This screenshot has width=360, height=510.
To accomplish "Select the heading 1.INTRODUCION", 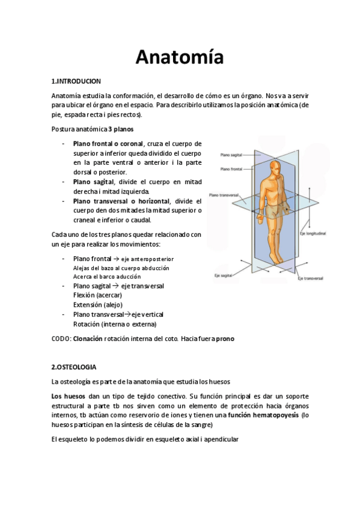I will click(x=76, y=81).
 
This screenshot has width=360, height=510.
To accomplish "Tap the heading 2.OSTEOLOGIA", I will click(x=75, y=366).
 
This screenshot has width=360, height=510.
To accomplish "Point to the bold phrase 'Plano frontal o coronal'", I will click(x=108, y=144).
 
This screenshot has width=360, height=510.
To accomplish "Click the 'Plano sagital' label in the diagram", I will click(x=231, y=155).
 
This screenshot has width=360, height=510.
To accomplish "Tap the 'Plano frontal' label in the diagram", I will click(x=231, y=169).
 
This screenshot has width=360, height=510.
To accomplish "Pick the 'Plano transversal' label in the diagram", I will click(x=225, y=195).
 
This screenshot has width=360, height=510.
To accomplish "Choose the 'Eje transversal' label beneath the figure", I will click(x=310, y=278).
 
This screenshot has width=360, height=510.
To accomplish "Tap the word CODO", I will click(x=61, y=339).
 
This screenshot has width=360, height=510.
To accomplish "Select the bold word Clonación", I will click(x=87, y=339).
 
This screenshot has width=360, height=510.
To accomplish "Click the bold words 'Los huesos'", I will click(x=69, y=396).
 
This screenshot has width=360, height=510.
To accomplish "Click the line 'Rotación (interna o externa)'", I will click(x=114, y=324).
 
